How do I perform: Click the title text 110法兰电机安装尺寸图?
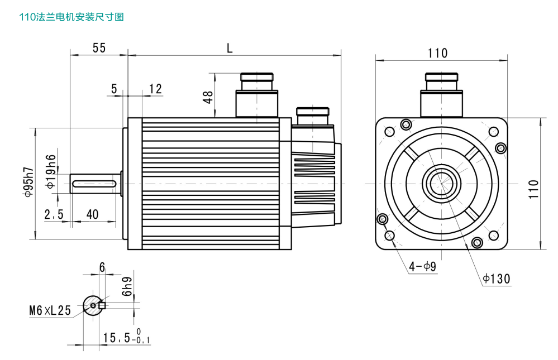(x=71, y=17)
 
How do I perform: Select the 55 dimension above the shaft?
(x=99, y=47)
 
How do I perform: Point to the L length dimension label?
(x=230, y=47)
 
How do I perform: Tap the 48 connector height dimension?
(x=208, y=97)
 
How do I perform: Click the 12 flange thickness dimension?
(x=155, y=89)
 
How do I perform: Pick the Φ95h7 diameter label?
(x=28, y=183)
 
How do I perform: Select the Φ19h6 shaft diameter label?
(x=51, y=171)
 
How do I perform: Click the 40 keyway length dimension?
(x=93, y=214)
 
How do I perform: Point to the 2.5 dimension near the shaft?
(x=54, y=214)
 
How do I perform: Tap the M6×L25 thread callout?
(x=50, y=311)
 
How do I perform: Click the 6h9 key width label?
(x=127, y=286)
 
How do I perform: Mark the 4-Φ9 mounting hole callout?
(x=422, y=267)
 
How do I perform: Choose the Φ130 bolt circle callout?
(x=497, y=279)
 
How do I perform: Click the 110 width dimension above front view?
(x=437, y=53)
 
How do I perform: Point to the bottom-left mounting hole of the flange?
(x=389, y=236)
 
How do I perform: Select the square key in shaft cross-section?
(x=102, y=305)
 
